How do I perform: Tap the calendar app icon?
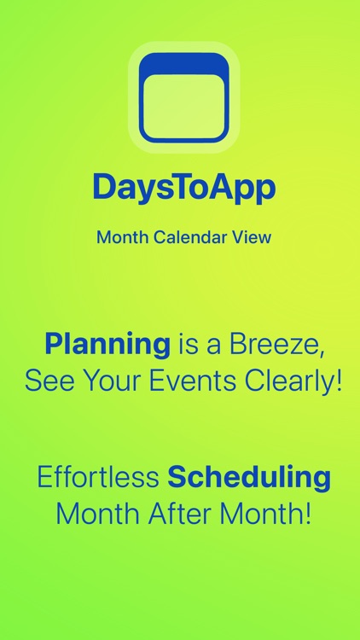(183, 97)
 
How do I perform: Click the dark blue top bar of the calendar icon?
(183, 63)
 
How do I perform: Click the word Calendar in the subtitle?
(189, 237)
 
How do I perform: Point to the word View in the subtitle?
(251, 237)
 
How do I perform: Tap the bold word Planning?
(107, 345)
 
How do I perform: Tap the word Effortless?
(97, 478)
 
